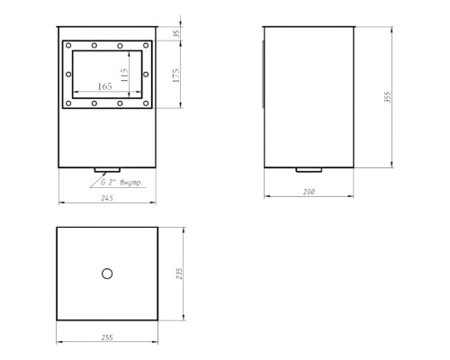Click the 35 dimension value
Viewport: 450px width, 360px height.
(177, 33)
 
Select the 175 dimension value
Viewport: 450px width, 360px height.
(176, 76)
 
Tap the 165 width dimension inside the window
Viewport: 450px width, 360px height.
(105, 86)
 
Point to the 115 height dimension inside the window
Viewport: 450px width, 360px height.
(124, 76)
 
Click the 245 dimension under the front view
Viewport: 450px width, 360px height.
(107, 198)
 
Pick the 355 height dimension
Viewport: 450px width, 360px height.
(388, 97)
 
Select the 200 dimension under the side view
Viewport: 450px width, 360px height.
(309, 192)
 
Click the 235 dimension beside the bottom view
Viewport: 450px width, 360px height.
(179, 274)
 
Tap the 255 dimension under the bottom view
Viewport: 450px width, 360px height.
(107, 337)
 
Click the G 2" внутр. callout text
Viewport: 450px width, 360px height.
(121, 183)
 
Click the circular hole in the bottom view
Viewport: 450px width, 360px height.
(107, 274)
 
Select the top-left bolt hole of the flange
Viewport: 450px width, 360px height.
(68, 45)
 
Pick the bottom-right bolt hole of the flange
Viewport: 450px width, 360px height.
(146, 103)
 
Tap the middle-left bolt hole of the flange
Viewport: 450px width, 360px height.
(68, 74)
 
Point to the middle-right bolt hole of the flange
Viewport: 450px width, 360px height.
(146, 74)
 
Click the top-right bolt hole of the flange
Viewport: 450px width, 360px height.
(146, 45)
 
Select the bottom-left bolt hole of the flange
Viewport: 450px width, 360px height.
(68, 103)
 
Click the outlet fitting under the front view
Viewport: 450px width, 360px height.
(107, 170)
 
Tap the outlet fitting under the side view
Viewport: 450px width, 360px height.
(309, 170)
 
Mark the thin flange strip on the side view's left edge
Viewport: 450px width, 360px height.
(263, 74)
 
